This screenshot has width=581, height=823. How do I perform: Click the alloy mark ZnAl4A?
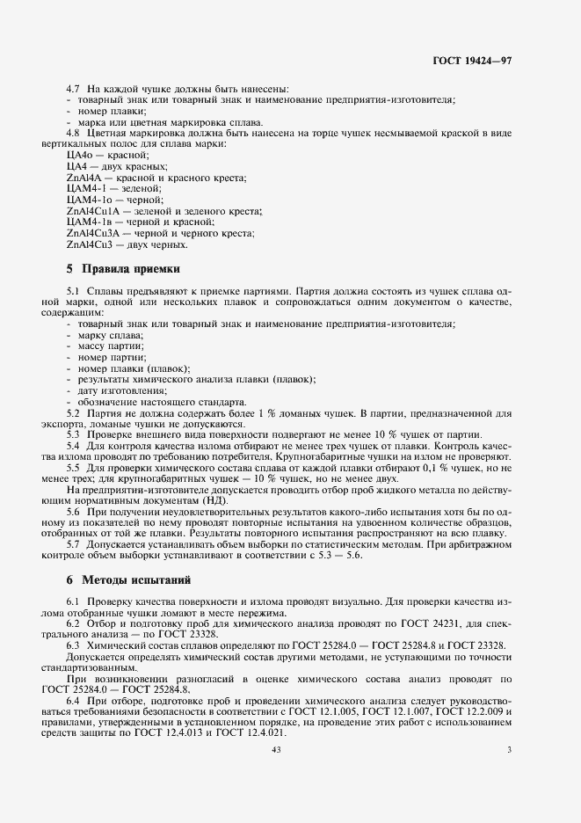click(x=84, y=178)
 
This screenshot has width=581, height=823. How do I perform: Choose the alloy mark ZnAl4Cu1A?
click(x=92, y=211)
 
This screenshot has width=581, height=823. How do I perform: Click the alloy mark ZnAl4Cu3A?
click(x=92, y=233)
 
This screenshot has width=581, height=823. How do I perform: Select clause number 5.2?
click(x=74, y=412)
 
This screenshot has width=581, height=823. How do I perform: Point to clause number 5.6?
click(x=74, y=512)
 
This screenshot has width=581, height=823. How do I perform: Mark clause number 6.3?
click(x=74, y=645)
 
